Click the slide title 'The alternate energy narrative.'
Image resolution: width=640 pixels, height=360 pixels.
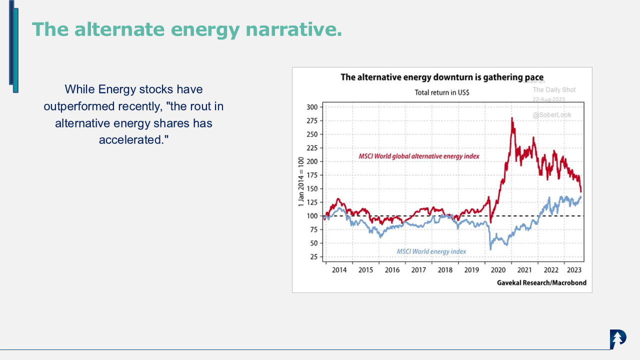coord(186,29)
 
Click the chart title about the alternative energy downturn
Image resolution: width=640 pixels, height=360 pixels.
coord(441,77)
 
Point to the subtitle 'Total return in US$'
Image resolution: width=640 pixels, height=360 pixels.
coord(441,92)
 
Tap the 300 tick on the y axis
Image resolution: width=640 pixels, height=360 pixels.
coord(311,107)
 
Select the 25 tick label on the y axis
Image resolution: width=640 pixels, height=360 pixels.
coord(313,257)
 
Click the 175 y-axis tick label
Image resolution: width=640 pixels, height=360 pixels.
coord(311,175)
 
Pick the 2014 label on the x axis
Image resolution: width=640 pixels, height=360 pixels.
coord(339,270)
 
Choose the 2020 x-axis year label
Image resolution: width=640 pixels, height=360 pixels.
coord(498,270)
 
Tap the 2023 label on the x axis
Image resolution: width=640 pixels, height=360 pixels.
coord(574,270)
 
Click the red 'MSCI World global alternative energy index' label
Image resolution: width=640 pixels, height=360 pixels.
coord(419,156)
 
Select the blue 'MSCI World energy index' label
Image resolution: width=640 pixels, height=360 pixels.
coord(431,251)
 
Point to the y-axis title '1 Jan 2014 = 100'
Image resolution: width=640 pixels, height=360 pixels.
coord(301,182)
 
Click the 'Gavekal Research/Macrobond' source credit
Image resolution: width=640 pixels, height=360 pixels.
coord(541,283)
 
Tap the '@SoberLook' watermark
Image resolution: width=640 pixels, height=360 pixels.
coord(551,115)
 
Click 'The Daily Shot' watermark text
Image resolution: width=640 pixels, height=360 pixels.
coord(554,90)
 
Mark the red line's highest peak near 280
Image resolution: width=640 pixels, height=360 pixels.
coord(512,118)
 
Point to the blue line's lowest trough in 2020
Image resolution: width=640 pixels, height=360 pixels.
coord(490,249)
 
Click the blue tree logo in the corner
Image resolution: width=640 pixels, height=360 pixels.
coord(618,339)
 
